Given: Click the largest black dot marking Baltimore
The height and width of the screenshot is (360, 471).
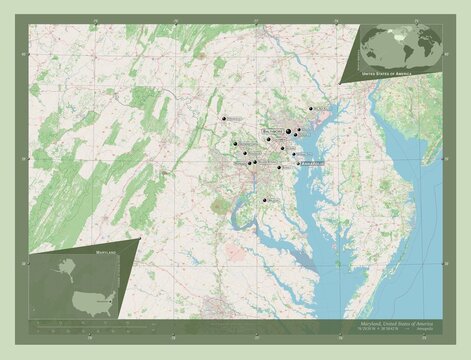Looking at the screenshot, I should point(289,132).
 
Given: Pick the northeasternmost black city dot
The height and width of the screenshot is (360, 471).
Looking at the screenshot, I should point(311,108).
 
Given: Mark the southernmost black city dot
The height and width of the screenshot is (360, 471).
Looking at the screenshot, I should point(265,201).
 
